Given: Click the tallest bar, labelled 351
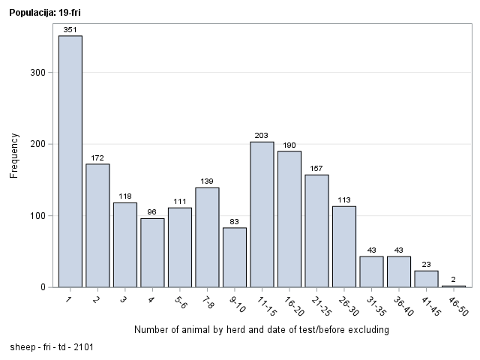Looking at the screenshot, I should [x=70, y=161].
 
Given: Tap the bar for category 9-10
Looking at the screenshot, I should [x=235, y=257].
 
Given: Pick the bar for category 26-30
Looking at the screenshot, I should [x=344, y=247].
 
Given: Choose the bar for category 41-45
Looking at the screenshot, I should [x=426, y=279].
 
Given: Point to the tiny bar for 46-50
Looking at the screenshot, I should [x=453, y=286].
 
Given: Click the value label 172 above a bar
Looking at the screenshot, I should [x=97, y=158].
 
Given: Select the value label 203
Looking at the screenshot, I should [x=262, y=136].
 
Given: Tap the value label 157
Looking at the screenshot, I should [x=316, y=169].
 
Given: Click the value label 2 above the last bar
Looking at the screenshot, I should [x=453, y=280].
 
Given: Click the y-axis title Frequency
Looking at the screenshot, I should [x=14, y=156].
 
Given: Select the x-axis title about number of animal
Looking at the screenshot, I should [x=262, y=330].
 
